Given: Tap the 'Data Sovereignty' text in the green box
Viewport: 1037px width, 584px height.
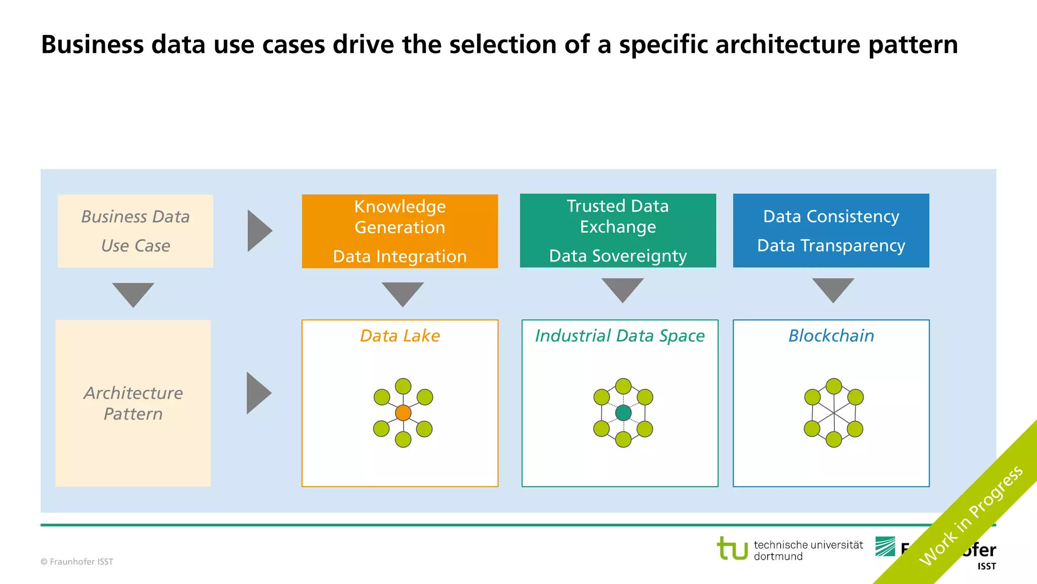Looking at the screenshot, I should point(618,256).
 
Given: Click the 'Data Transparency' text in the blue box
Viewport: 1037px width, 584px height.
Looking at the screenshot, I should point(831,246).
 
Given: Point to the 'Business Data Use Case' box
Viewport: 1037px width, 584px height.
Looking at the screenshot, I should point(135,231).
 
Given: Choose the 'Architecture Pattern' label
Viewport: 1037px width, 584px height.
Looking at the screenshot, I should point(133,404).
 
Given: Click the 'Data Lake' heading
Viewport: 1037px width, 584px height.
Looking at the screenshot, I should point(400,336).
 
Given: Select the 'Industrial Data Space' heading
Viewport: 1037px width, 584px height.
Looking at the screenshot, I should point(620,336).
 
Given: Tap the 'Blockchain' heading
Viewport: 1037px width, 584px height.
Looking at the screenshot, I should point(831,336).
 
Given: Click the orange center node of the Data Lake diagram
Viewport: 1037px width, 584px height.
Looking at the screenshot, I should point(403,413).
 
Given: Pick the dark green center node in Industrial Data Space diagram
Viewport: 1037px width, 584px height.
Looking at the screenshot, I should point(623,413).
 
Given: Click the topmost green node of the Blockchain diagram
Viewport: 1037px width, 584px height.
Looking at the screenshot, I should point(833,386).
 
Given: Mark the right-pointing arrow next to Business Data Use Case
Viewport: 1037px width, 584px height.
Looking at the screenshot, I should point(259,231).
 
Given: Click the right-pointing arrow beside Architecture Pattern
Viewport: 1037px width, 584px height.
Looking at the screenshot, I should point(258,393).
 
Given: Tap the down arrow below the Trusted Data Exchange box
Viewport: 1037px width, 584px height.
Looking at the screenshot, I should point(622,289).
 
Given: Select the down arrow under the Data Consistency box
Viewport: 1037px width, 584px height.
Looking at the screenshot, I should point(833,289).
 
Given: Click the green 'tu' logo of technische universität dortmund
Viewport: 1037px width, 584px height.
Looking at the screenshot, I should point(732,549).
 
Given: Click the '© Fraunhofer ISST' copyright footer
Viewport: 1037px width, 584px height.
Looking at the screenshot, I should point(77,562).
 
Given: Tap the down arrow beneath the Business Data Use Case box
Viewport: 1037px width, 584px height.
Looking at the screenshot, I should point(133,294).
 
